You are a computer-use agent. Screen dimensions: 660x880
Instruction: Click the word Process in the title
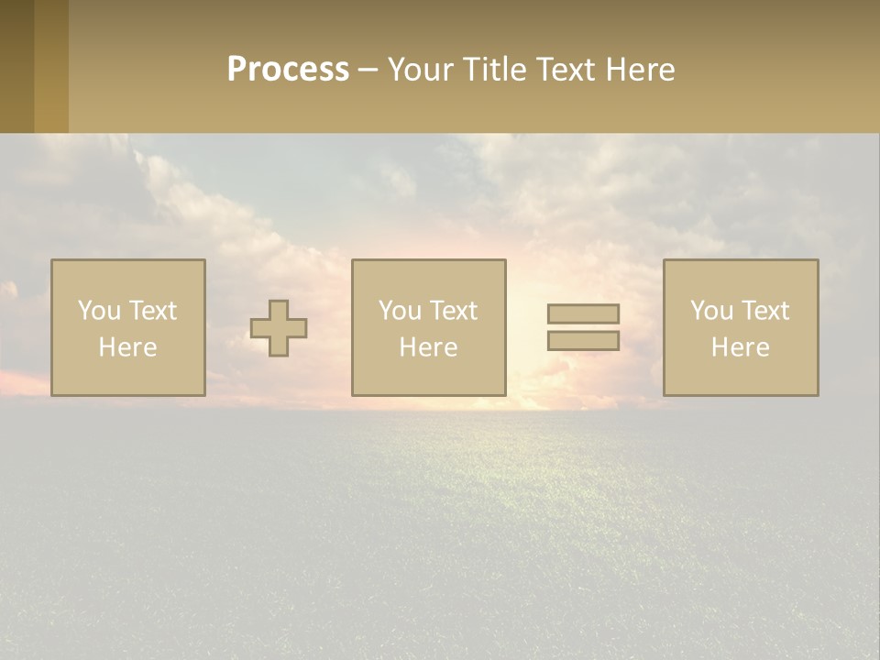click(288, 69)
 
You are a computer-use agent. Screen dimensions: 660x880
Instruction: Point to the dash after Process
click(368, 70)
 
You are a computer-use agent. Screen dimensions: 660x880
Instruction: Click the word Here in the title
click(640, 69)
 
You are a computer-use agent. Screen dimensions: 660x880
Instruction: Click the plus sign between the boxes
click(279, 328)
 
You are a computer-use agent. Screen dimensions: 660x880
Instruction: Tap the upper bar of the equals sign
click(583, 313)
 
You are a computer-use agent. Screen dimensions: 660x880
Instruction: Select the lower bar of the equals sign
click(583, 340)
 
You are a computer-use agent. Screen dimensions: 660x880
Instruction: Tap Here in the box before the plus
click(127, 347)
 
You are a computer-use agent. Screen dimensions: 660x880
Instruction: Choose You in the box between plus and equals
click(401, 311)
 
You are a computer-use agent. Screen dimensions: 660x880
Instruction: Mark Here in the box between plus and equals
click(428, 347)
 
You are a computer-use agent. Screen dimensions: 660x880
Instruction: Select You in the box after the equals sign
click(712, 311)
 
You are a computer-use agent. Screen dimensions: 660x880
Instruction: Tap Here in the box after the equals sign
click(740, 347)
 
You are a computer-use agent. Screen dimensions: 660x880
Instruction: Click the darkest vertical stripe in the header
click(16, 66)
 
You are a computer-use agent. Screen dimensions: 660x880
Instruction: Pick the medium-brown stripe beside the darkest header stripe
click(51, 66)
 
